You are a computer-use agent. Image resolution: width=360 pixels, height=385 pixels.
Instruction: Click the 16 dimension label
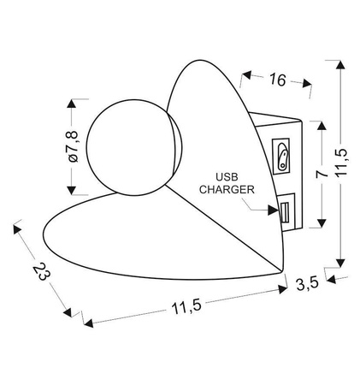275,80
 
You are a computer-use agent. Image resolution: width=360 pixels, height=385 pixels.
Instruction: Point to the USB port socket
283,210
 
